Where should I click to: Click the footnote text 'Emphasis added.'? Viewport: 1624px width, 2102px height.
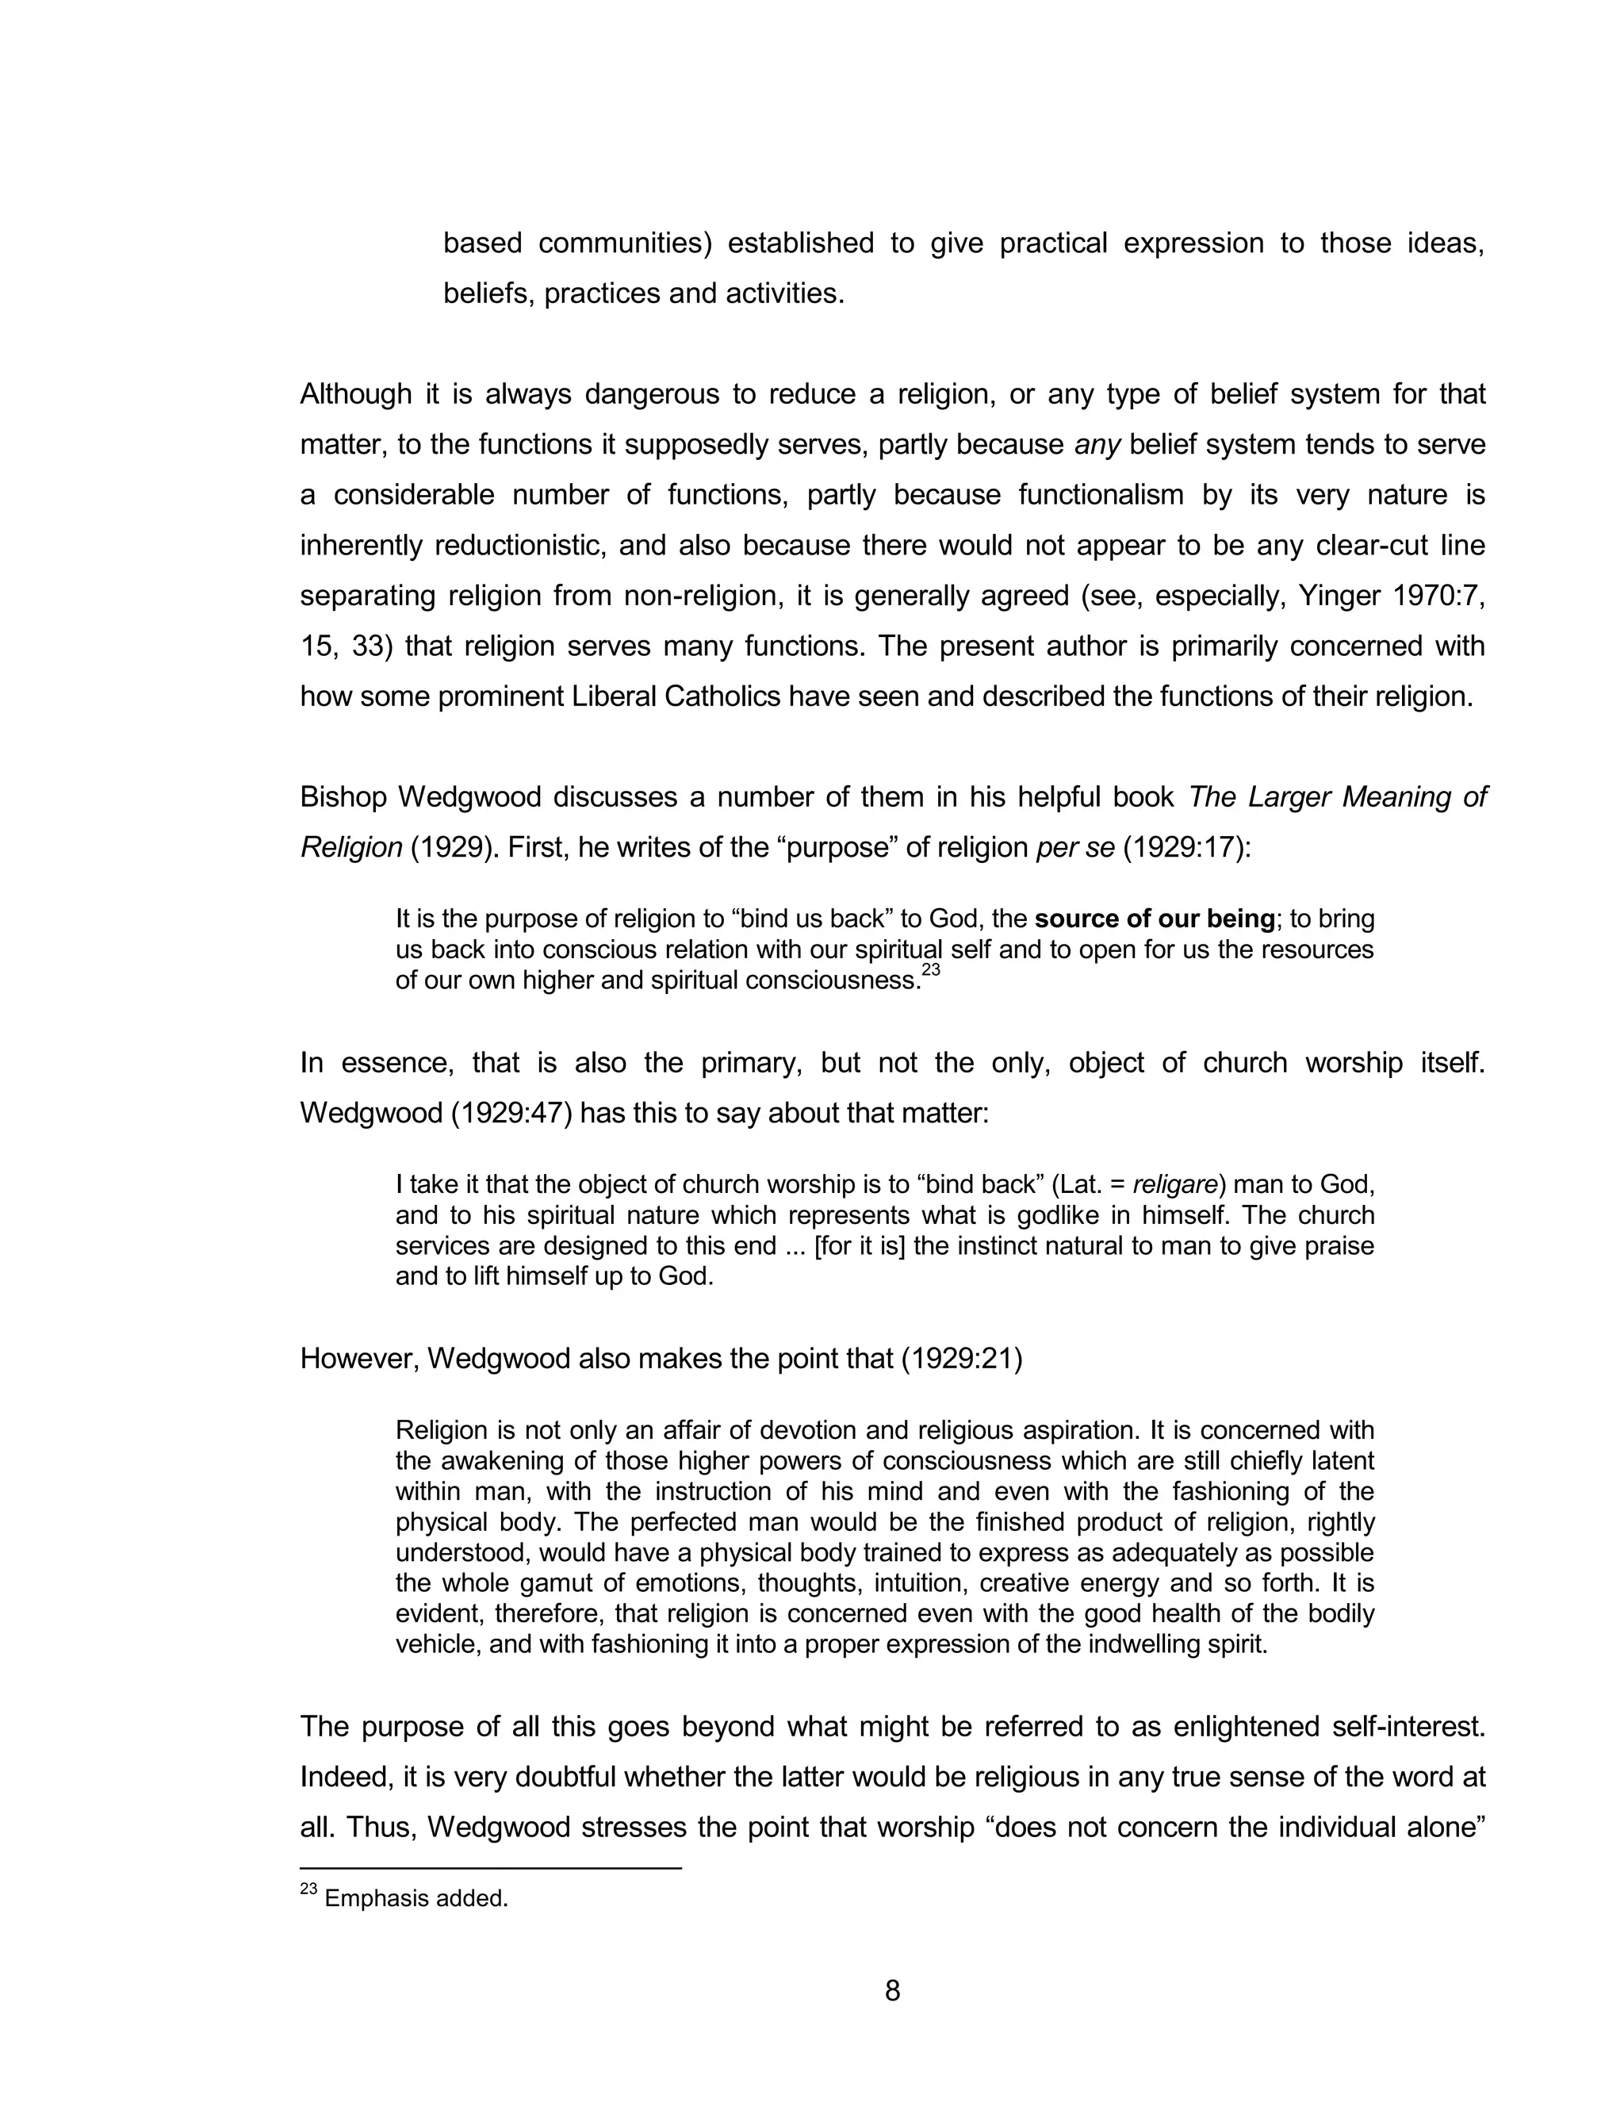416,1899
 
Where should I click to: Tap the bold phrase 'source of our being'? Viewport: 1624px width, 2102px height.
1155,919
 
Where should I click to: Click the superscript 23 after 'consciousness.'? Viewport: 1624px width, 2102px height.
929,971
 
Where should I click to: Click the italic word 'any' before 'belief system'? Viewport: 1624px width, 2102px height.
1097,445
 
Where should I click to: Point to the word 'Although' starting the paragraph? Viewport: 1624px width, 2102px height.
355,393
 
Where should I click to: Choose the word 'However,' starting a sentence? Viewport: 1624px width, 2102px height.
359,1358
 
